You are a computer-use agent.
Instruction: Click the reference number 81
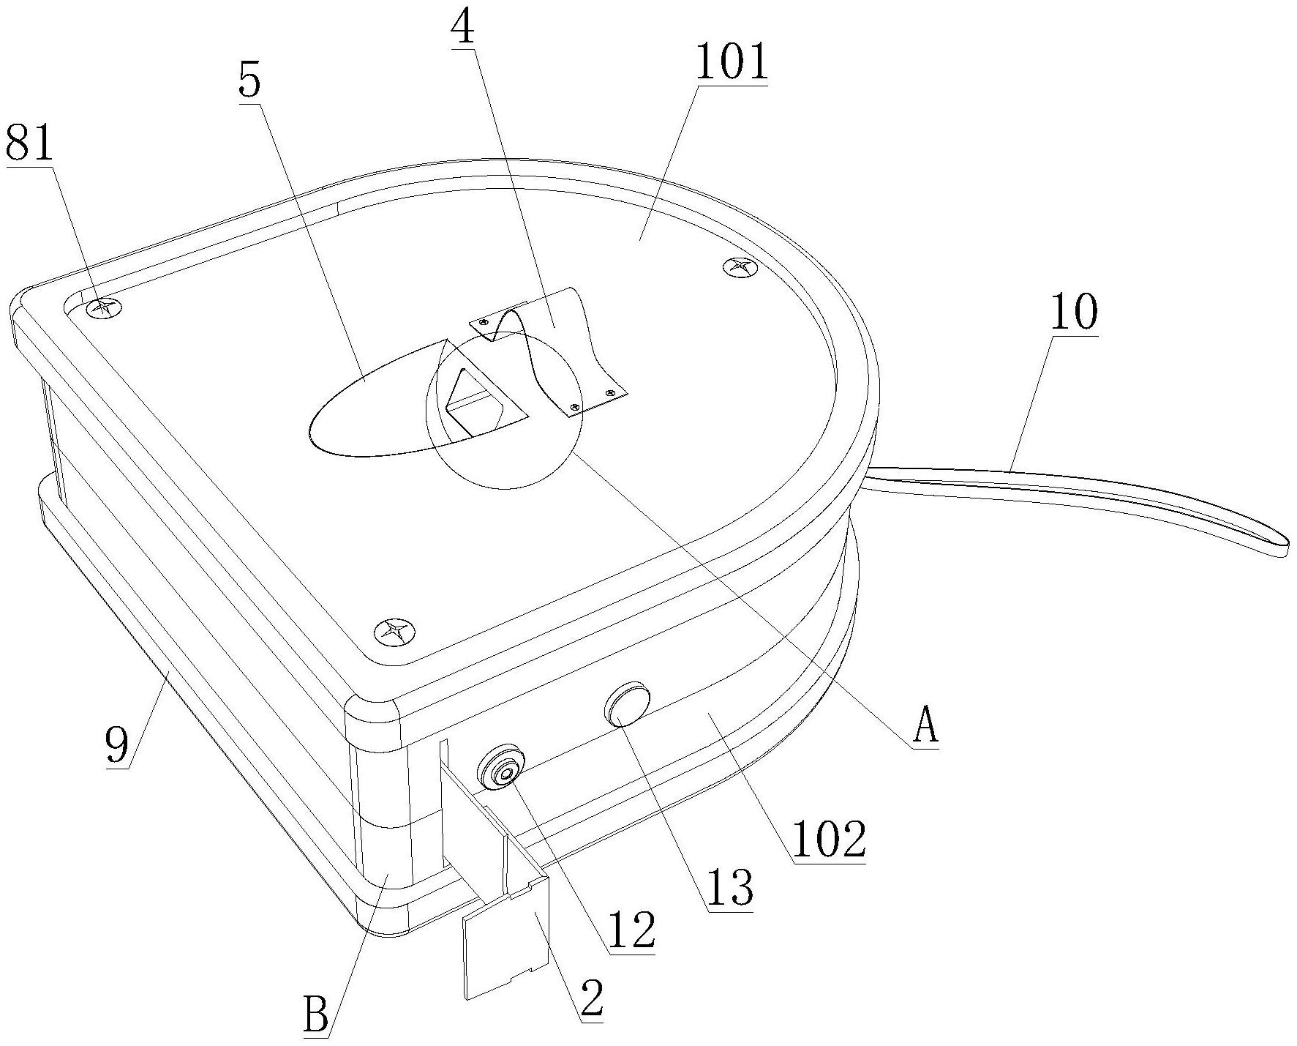click(30, 144)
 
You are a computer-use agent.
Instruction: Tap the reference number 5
click(249, 81)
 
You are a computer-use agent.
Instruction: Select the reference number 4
click(462, 29)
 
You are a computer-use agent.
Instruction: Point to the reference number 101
click(732, 64)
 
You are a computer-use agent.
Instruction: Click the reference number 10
click(1074, 312)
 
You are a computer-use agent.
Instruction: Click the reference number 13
click(730, 888)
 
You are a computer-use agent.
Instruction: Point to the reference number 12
click(631, 930)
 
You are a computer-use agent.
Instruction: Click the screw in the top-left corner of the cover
click(102, 307)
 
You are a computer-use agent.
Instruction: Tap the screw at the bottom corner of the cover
click(394, 630)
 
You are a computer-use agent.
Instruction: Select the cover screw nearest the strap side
click(737, 267)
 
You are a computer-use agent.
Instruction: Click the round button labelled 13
click(627, 703)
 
